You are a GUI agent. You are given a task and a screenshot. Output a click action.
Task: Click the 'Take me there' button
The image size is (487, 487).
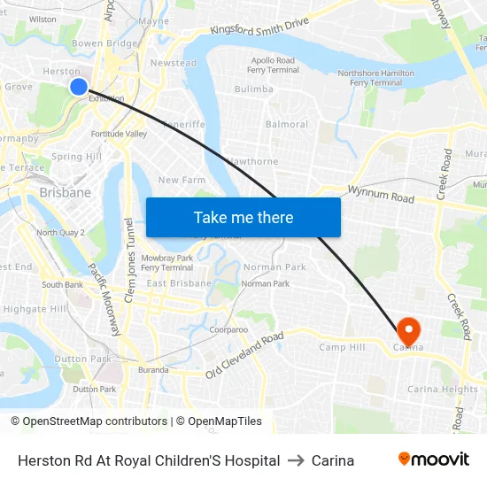click(243, 217)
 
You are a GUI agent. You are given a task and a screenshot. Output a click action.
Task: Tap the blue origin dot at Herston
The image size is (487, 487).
click(78, 86)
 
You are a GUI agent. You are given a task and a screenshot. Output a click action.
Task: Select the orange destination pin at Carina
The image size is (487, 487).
click(409, 331)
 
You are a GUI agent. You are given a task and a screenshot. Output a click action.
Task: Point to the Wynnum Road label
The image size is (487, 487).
click(381, 194)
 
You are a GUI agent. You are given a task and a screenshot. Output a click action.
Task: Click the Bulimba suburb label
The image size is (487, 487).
click(254, 89)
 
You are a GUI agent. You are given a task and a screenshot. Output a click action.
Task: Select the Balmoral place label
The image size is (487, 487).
click(287, 124)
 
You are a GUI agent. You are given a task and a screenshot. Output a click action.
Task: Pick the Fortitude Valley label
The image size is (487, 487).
click(119, 134)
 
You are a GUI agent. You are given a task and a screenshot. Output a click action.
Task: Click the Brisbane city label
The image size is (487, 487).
click(65, 192)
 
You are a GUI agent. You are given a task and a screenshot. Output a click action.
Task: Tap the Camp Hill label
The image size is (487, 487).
click(342, 347)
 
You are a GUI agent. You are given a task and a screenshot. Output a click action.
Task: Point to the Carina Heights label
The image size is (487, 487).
click(443, 389)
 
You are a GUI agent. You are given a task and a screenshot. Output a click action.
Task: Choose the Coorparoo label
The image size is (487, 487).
click(228, 329)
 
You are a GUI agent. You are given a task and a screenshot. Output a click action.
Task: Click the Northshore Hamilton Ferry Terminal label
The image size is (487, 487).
click(376, 78)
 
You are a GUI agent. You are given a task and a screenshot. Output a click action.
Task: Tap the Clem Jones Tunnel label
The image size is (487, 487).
click(129, 260)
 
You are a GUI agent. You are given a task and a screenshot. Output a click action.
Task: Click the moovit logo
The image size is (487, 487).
click(433, 460)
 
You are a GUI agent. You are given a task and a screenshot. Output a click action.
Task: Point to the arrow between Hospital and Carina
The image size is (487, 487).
click(296, 460)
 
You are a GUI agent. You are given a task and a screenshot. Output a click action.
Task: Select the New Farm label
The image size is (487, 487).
click(182, 180)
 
